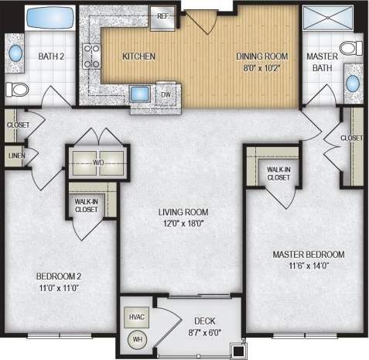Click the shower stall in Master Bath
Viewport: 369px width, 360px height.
325,21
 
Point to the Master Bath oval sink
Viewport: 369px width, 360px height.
353,82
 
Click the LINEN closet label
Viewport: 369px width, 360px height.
15,156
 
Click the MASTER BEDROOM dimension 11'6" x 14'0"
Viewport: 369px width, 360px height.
308,266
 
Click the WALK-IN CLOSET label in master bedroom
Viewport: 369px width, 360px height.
278,173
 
